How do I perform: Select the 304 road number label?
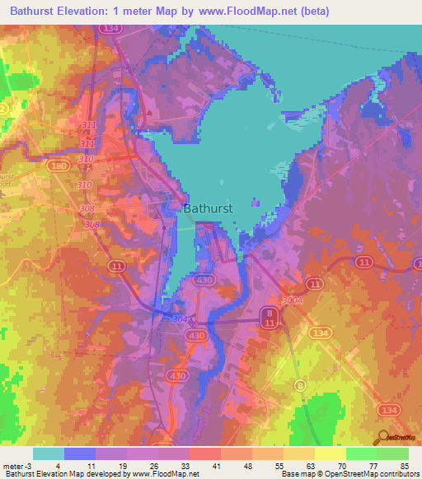click(x=180, y=319)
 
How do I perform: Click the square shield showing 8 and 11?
click(x=270, y=317)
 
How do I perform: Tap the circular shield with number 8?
click(x=301, y=384)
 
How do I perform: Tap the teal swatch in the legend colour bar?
click(x=48, y=453)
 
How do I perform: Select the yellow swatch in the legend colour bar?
click(x=330, y=453)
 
